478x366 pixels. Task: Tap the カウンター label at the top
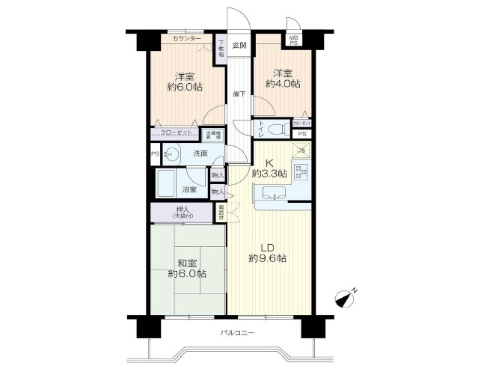pyautogui.click(x=186, y=38)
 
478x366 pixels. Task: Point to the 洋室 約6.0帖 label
pyautogui.click(x=186, y=82)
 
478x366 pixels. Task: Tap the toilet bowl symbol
pyautogui.click(x=277, y=129)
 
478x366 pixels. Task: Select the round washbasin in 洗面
pyautogui.click(x=171, y=155)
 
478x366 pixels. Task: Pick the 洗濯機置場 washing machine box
pyautogui.click(x=214, y=135)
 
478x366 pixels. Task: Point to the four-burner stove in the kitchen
pyautogui.click(x=303, y=174)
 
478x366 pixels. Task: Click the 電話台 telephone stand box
pyautogui.click(x=222, y=212)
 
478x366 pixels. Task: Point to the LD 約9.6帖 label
pyautogui.click(x=268, y=252)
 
